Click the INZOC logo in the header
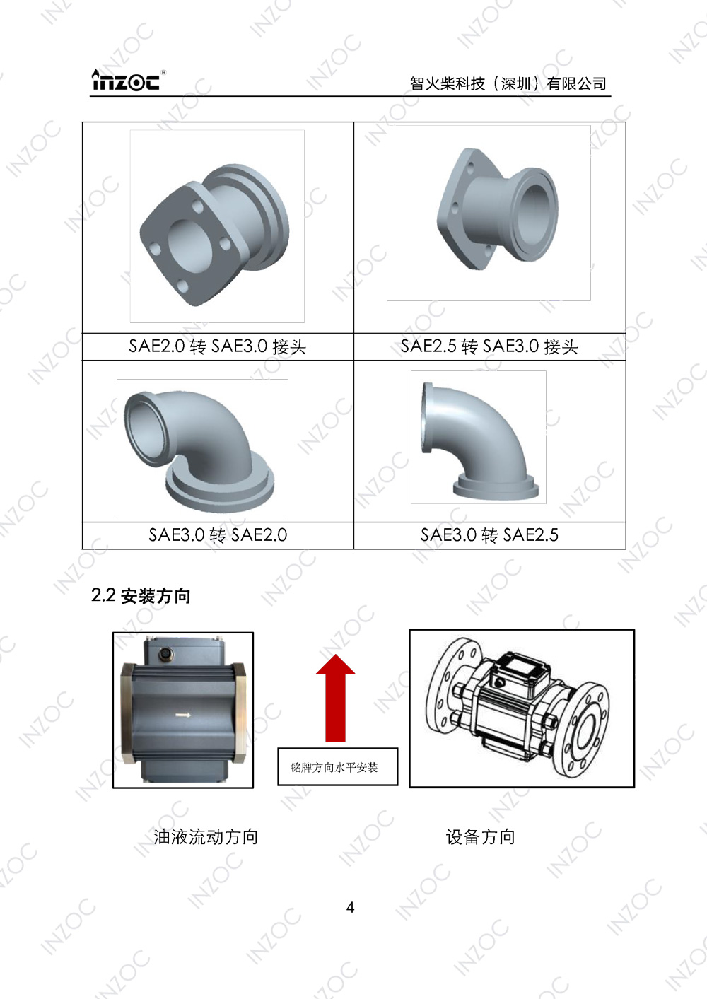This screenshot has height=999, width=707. click(127, 81)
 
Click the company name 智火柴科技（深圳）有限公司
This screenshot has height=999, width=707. click(508, 83)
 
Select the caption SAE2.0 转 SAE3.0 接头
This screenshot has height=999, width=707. click(217, 346)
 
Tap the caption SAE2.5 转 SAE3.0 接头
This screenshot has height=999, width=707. click(489, 346)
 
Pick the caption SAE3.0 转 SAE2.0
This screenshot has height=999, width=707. click(218, 535)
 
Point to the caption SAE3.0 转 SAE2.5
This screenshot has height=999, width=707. click(489, 535)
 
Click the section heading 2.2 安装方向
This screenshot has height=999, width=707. click(141, 596)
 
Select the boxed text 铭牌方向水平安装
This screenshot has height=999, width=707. click(334, 767)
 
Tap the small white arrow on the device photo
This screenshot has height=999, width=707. click(183, 715)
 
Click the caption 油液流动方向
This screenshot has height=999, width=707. click(206, 837)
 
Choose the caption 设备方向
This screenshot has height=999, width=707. click(480, 837)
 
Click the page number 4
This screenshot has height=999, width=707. click(350, 907)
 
